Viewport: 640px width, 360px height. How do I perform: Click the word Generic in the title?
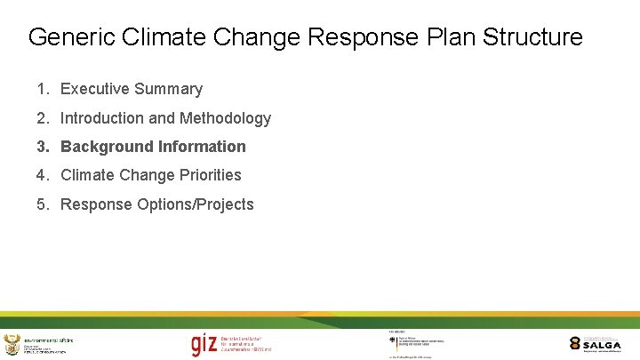point(67,37)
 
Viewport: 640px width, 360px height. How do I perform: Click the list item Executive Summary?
point(131,89)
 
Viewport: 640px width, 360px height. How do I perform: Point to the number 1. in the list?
point(44,89)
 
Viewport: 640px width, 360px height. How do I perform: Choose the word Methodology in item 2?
point(225,118)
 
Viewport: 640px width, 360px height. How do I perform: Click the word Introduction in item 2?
point(101,118)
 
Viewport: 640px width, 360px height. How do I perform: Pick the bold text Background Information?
point(153,147)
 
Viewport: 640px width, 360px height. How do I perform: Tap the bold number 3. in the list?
point(44,147)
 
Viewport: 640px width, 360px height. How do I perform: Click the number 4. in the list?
point(44,175)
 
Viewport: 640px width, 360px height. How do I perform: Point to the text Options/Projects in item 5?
point(196,204)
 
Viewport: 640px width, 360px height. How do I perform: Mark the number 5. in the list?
point(44,204)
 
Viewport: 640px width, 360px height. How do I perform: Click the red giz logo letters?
point(204,345)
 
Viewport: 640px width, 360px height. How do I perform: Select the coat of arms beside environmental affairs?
point(12,345)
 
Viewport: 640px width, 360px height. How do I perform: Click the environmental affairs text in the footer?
point(49,340)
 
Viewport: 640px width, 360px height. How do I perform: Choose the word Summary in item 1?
point(172,89)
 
